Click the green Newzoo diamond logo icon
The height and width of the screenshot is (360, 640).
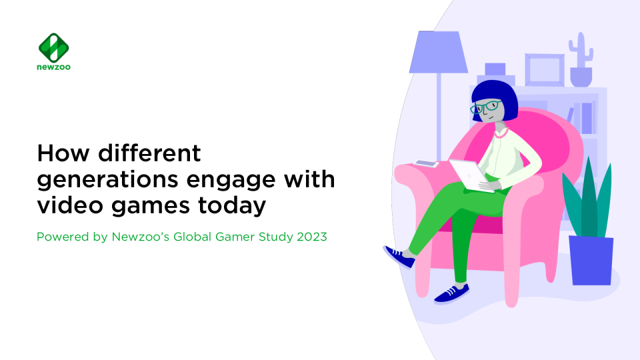(53, 47)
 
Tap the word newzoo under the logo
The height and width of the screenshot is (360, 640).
(53, 67)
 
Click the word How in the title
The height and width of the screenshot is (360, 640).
(63, 153)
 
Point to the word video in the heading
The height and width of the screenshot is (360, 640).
(70, 205)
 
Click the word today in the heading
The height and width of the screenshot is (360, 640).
(232, 206)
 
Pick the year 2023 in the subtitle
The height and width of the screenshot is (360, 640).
(312, 237)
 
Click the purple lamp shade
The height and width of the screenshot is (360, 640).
(439, 52)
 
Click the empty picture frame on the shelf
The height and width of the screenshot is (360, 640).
(545, 70)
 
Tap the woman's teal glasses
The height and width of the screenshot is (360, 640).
(485, 107)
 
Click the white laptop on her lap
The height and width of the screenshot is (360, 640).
(470, 175)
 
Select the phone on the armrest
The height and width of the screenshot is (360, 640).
(426, 163)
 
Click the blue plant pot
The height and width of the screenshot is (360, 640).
(591, 261)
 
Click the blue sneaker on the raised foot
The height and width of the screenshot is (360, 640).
(399, 257)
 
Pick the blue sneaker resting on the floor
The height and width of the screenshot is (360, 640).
(451, 293)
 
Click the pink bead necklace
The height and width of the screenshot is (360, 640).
(501, 134)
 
